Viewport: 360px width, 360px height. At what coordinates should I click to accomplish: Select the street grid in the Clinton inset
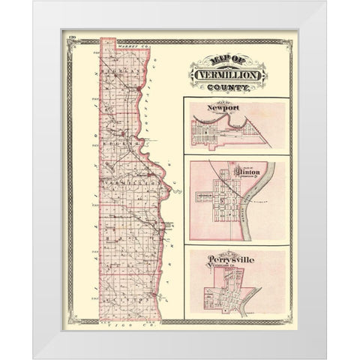pos(222,198)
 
